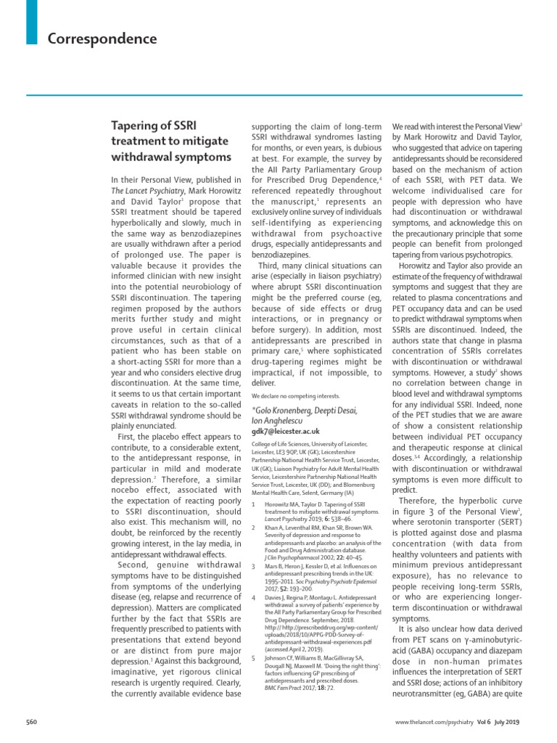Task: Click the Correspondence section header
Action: point(102,38)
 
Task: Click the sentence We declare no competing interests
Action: point(295,395)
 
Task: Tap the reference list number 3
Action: point(252,566)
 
